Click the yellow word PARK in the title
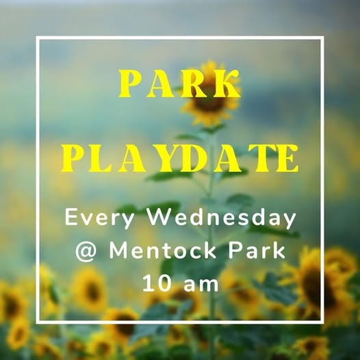tap(179, 83)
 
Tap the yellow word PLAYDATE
tap(180, 158)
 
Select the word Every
tap(99, 218)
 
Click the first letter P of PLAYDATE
tap(73, 158)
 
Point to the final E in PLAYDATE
tap(287, 158)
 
